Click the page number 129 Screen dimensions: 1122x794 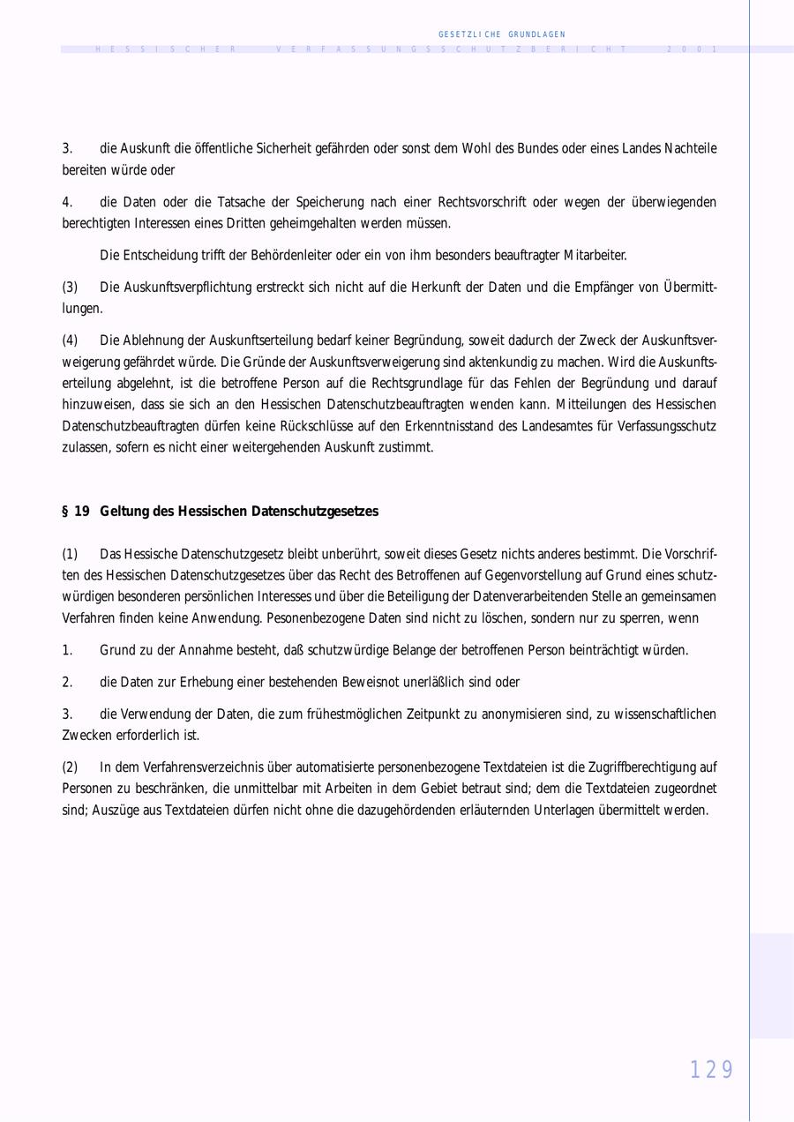[711, 1070]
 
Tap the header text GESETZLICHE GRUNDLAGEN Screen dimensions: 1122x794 [501, 34]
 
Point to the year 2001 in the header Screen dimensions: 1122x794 [693, 49]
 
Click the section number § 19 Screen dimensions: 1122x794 [76, 512]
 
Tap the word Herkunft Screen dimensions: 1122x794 [384, 288]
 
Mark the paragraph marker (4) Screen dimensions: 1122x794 [70, 340]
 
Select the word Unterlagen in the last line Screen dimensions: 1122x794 [564, 810]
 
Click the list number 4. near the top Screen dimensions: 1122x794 [67, 203]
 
